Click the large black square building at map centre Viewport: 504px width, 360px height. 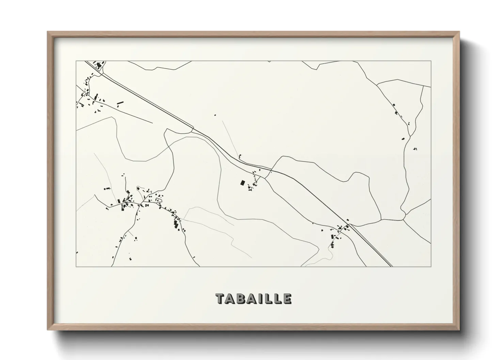[242, 183]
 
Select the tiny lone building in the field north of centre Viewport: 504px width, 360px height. [215, 115]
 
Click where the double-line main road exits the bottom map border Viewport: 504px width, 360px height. [392, 266]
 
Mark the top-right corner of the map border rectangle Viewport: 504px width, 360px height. [431, 61]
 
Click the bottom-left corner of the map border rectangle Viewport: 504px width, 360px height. [76, 266]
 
